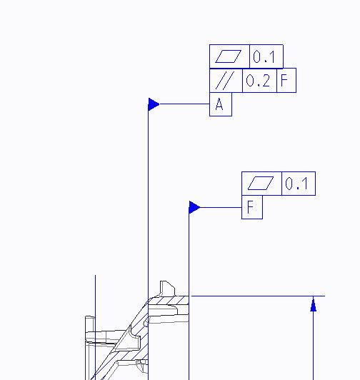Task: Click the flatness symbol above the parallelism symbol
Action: coord(228,56)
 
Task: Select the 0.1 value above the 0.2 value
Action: coord(264,56)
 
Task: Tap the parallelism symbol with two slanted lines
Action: coord(225,81)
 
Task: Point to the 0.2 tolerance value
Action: coord(258,81)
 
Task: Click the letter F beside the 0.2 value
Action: coord(284,80)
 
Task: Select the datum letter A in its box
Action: coord(219,104)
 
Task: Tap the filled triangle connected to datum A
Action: coord(154,104)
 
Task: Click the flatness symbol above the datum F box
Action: coord(261,183)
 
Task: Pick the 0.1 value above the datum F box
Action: coord(296,184)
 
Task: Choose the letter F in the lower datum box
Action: coord(250,207)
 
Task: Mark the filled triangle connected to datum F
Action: coord(194,207)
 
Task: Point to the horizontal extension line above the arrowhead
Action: coord(258,296)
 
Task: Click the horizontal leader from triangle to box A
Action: coord(184,104)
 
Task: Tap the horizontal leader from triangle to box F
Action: coord(221,207)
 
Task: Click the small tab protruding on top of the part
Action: coord(167,289)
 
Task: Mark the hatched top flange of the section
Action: coord(169,300)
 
